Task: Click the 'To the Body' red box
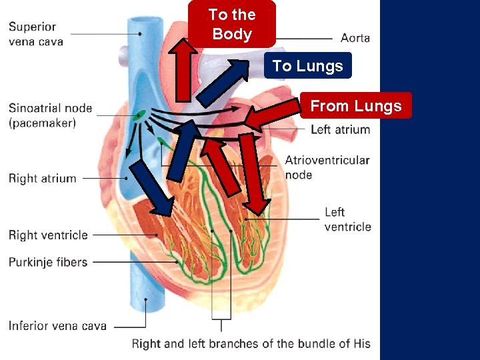tap(231, 24)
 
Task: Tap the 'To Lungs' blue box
tap(307, 66)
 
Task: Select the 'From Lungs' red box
tap(356, 106)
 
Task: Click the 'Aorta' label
tap(355, 38)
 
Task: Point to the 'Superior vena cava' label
tap(36, 34)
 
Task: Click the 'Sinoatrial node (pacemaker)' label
tap(50, 115)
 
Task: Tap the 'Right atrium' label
tap(42, 178)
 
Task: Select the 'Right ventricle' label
tap(48, 235)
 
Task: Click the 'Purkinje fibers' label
tap(48, 262)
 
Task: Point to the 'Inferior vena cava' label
tap(57, 326)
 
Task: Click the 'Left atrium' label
tap(340, 129)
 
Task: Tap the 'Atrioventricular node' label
tap(327, 167)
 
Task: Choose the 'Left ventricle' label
tap(347, 219)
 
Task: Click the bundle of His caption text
tap(251, 344)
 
